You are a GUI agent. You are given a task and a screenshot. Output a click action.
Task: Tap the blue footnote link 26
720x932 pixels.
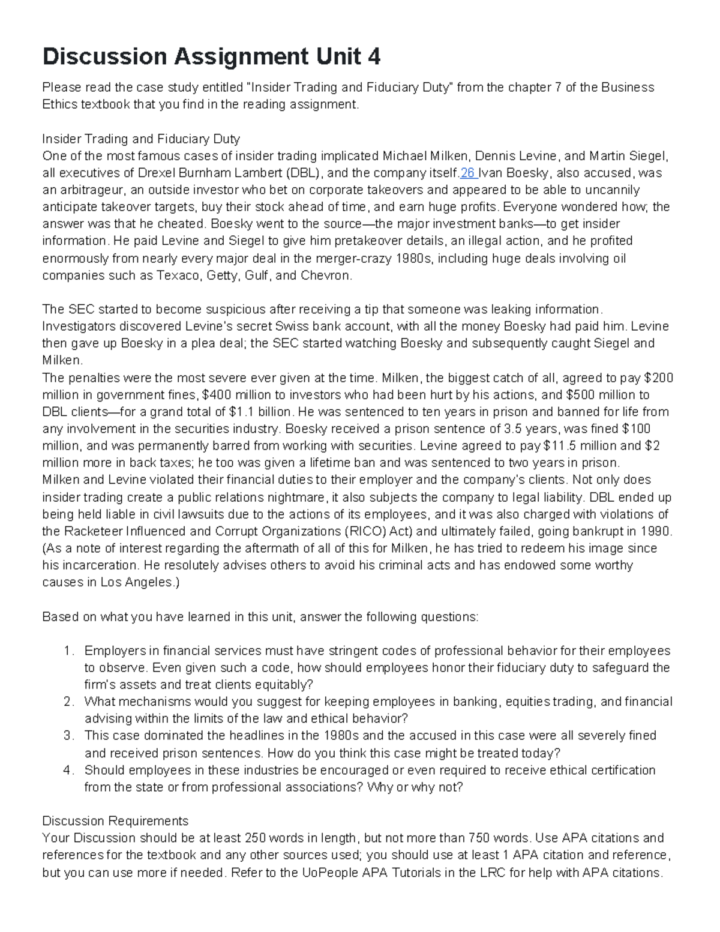468,173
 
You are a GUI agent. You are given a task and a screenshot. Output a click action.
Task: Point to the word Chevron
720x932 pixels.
326,275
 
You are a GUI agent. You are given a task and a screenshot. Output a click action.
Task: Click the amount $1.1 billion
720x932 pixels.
260,412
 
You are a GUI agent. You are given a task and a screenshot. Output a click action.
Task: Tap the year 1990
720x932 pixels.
657,531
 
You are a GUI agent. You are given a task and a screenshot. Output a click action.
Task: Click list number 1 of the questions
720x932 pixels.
68,651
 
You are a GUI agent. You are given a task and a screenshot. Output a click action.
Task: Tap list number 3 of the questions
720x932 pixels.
68,735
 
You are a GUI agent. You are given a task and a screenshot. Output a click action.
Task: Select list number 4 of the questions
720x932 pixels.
68,770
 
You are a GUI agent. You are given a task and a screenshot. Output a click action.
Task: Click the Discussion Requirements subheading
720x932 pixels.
115,820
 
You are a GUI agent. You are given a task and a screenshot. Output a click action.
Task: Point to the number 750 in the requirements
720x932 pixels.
478,838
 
